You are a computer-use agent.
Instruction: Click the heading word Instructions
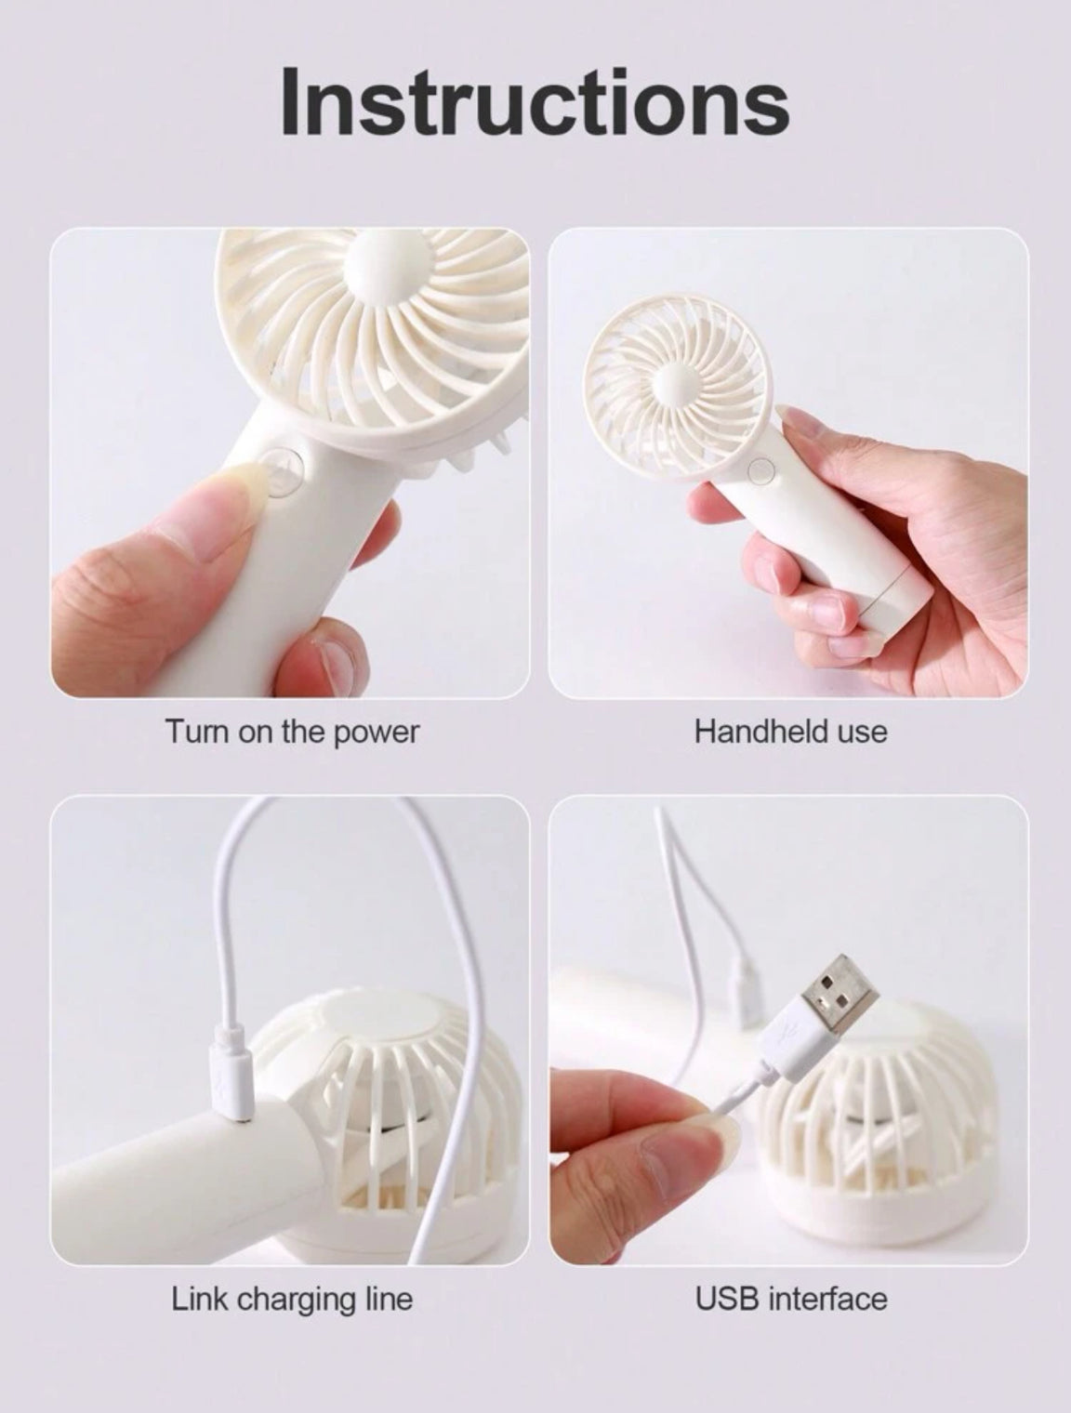(535, 103)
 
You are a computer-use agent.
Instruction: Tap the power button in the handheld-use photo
(760, 469)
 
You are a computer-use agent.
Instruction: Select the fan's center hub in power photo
(385, 263)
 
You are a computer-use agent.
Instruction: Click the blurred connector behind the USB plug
(746, 997)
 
